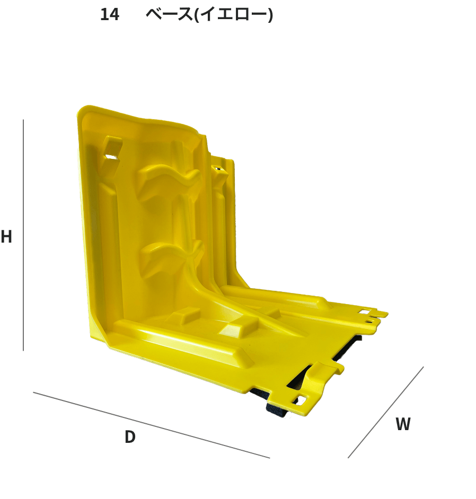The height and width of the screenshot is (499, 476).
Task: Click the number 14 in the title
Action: click(110, 15)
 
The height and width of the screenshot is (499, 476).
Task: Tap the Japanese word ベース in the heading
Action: click(169, 15)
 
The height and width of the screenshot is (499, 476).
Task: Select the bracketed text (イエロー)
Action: click(233, 15)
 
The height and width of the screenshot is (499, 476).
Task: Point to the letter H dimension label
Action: click(6, 236)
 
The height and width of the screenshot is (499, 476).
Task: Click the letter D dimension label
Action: click(130, 436)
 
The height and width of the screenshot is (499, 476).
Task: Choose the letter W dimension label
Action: click(403, 424)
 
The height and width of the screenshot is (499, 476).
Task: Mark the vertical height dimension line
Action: click(23, 235)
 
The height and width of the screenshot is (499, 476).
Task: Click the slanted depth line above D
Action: click(152, 425)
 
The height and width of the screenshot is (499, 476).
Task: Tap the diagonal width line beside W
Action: click(385, 413)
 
